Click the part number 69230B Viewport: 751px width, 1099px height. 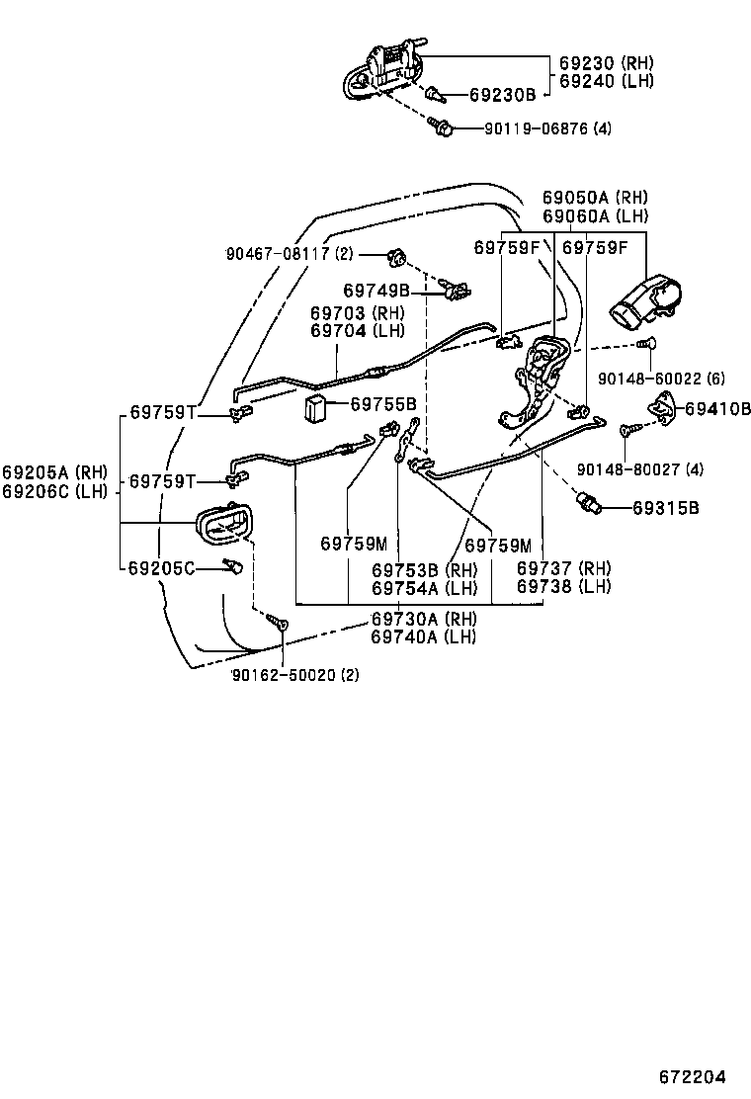point(501,95)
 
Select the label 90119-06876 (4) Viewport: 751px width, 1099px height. point(547,128)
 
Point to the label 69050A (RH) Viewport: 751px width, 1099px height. point(595,198)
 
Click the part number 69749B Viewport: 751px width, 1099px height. point(376,291)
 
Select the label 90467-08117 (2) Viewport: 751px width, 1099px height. point(290,254)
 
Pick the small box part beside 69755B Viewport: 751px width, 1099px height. point(318,406)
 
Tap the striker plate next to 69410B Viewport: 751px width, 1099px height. point(661,405)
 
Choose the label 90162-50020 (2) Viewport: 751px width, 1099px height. point(295,675)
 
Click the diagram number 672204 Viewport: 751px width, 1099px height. point(693,1076)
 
